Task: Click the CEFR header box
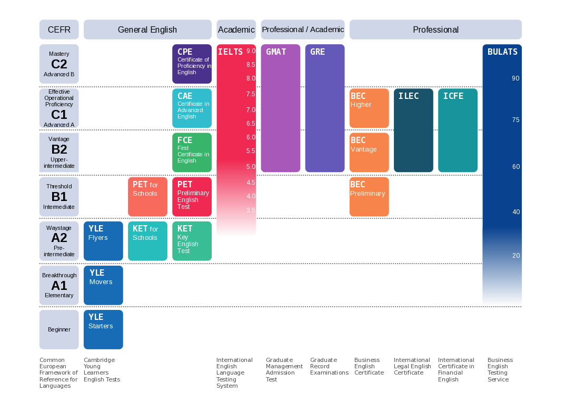point(59,29)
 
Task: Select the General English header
point(147,29)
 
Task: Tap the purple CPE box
point(192,64)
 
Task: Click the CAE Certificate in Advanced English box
point(192,108)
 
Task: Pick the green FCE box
point(192,152)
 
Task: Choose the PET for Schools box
point(147,196)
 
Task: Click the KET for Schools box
point(147,240)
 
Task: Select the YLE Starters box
point(103,329)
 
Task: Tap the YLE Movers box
point(103,285)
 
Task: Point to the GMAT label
point(276,52)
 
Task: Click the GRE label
point(318,52)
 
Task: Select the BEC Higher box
point(369,108)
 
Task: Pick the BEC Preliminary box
point(369,196)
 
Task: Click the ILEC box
point(413,130)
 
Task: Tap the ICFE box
point(458,130)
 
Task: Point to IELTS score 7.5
point(251,94)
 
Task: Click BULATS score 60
point(516,167)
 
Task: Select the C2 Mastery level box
point(59,64)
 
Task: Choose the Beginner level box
point(59,329)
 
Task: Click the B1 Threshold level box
point(59,196)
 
